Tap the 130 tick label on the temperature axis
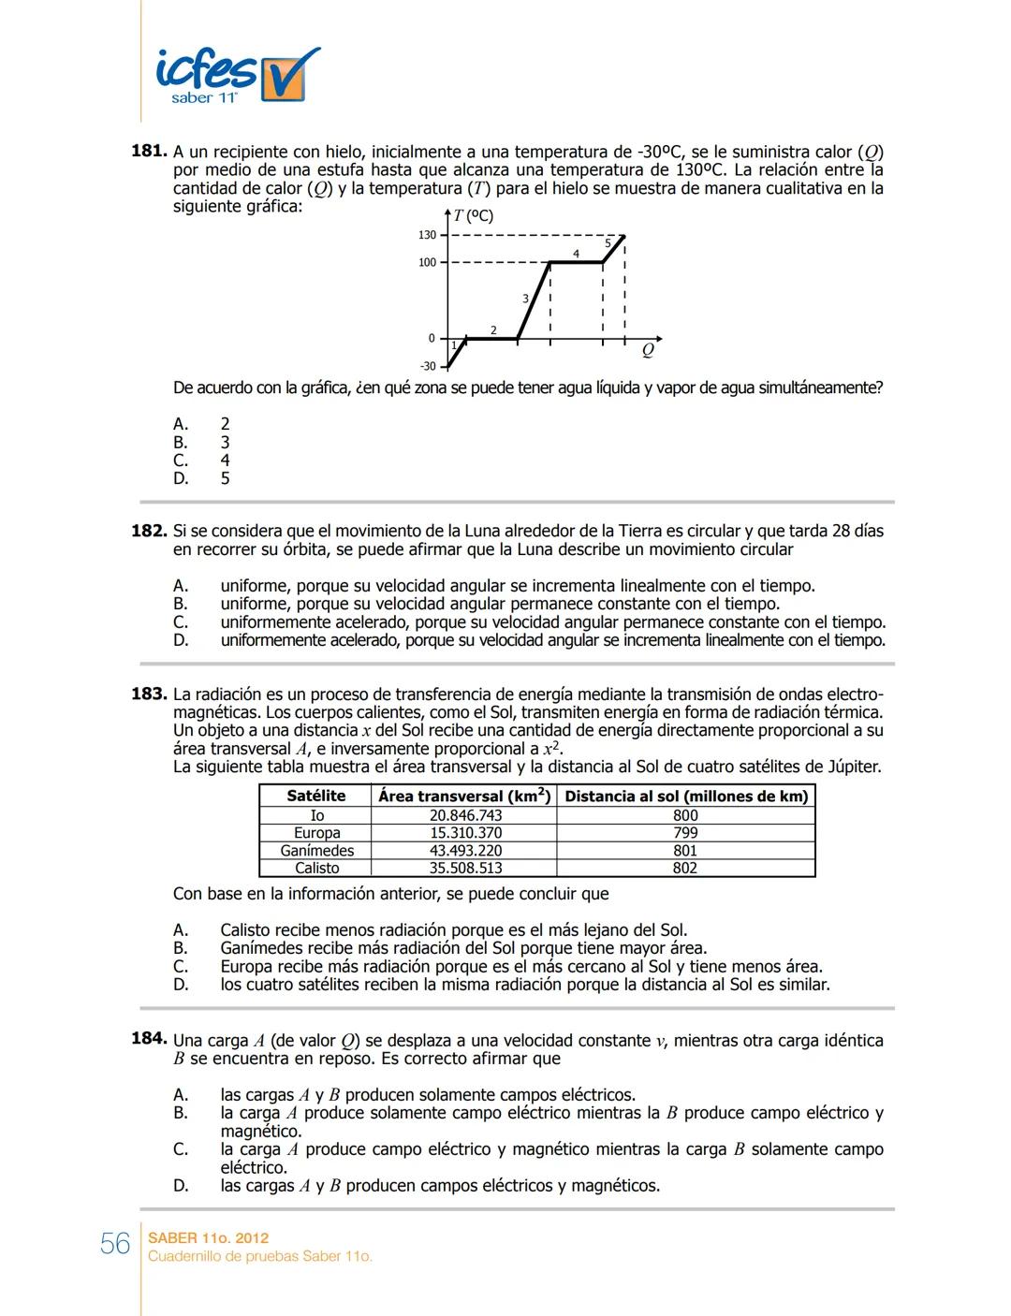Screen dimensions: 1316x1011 (427, 235)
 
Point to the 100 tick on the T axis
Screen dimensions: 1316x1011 (427, 263)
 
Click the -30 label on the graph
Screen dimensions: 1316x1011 (427, 366)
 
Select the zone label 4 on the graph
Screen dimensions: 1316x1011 (576, 254)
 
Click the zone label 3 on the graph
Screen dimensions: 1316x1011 (525, 299)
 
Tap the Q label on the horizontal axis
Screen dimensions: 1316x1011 (648, 350)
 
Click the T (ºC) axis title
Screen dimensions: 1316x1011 (474, 216)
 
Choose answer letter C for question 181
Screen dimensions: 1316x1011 (181, 461)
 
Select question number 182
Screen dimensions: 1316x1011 (148, 532)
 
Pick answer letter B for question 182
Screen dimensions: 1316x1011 (181, 604)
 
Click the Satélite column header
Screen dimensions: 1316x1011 (315, 796)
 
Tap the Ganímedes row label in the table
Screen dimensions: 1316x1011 (316, 851)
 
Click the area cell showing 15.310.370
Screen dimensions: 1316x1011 (465, 833)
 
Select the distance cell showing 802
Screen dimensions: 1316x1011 (685, 868)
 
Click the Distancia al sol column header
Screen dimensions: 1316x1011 (686, 796)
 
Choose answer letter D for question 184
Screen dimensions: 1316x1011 (181, 1186)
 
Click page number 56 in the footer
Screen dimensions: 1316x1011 (115, 1244)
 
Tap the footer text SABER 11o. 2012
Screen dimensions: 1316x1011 (208, 1238)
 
